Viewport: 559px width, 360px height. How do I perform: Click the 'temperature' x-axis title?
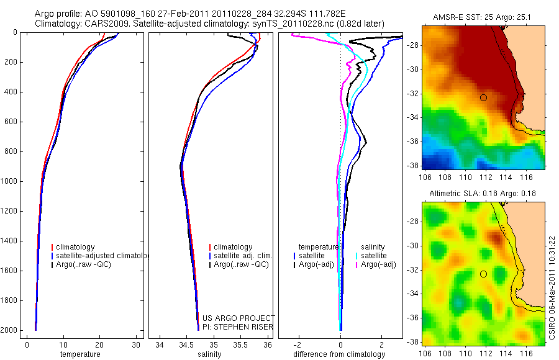point(80,354)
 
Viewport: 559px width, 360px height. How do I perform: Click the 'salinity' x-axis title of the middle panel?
point(211,354)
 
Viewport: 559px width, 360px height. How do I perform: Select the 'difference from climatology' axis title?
point(341,354)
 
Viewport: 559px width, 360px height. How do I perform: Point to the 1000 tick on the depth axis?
point(11,182)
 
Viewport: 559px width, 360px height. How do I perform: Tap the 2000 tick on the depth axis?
point(11,331)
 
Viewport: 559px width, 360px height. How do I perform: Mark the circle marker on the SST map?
point(483,97)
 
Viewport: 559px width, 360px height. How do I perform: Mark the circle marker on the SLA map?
point(483,274)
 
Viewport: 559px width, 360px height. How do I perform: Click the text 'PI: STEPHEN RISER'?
point(238,327)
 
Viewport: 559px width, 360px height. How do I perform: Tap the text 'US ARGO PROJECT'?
point(238,318)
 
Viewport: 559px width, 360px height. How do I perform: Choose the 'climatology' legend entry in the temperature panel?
point(75,247)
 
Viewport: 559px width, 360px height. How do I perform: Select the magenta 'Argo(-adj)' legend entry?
point(378,264)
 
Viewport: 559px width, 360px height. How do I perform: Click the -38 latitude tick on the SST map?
point(414,166)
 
